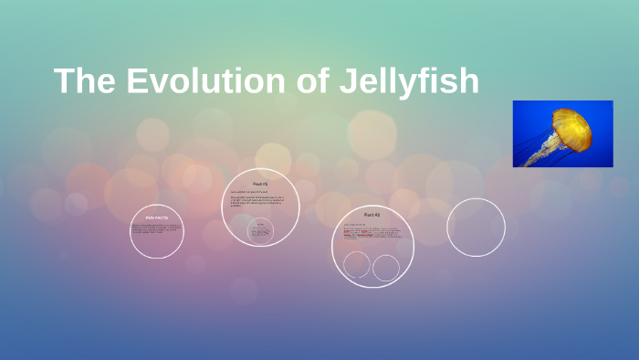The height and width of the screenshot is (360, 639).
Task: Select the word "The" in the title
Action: click(85, 81)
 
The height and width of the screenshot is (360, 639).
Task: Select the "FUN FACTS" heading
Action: click(157, 217)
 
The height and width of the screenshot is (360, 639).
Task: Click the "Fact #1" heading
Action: click(261, 184)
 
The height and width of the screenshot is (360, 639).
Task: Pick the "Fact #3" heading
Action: click(372, 214)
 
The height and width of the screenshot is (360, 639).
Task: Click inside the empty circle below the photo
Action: click(476, 228)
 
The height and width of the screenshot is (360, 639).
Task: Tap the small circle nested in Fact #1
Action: click(261, 231)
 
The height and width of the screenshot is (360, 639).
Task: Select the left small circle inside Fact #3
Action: click(357, 265)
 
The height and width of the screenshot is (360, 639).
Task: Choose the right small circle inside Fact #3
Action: click(386, 268)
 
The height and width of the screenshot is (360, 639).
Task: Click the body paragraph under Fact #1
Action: click(261, 201)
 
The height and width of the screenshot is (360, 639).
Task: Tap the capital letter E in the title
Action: click(136, 81)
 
